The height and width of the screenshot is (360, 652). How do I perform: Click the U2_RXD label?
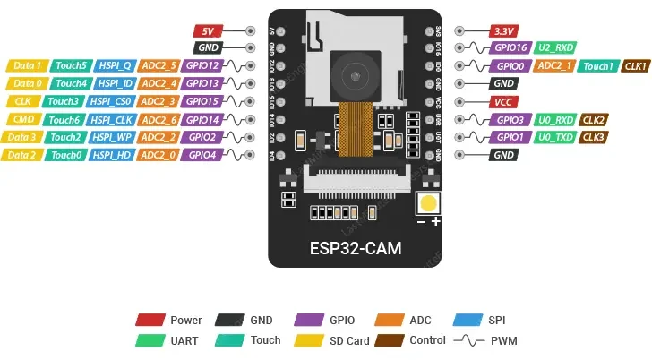555,47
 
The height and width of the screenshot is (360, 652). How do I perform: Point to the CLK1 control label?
635,65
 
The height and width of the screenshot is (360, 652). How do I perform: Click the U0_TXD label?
555,137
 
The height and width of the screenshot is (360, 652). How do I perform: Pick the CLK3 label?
594,137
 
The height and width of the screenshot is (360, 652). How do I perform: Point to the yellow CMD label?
23,119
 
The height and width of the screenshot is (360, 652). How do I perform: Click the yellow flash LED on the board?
430,203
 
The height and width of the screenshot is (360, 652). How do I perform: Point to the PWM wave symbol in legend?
470,340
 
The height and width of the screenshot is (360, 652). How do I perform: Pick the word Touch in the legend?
266,340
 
